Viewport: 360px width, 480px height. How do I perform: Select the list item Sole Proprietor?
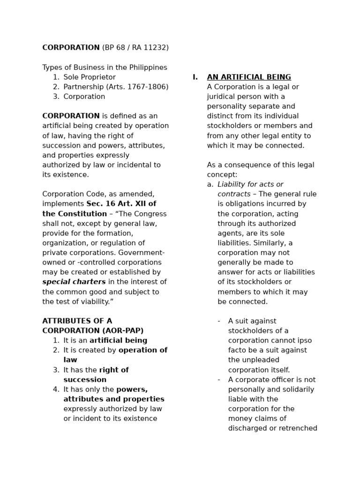(x=90, y=77)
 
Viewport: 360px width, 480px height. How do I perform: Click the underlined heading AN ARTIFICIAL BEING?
(x=249, y=77)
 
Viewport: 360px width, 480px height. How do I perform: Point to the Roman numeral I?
(x=195, y=77)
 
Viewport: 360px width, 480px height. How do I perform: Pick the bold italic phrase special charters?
(x=74, y=282)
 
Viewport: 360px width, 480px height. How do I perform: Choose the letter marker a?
(x=210, y=185)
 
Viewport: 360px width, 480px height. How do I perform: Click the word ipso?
(x=304, y=341)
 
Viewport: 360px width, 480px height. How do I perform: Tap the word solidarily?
(x=297, y=390)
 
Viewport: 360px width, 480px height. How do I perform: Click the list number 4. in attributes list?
(x=56, y=390)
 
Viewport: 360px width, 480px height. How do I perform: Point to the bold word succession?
(x=85, y=380)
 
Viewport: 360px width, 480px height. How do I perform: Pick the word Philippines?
(x=145, y=67)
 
